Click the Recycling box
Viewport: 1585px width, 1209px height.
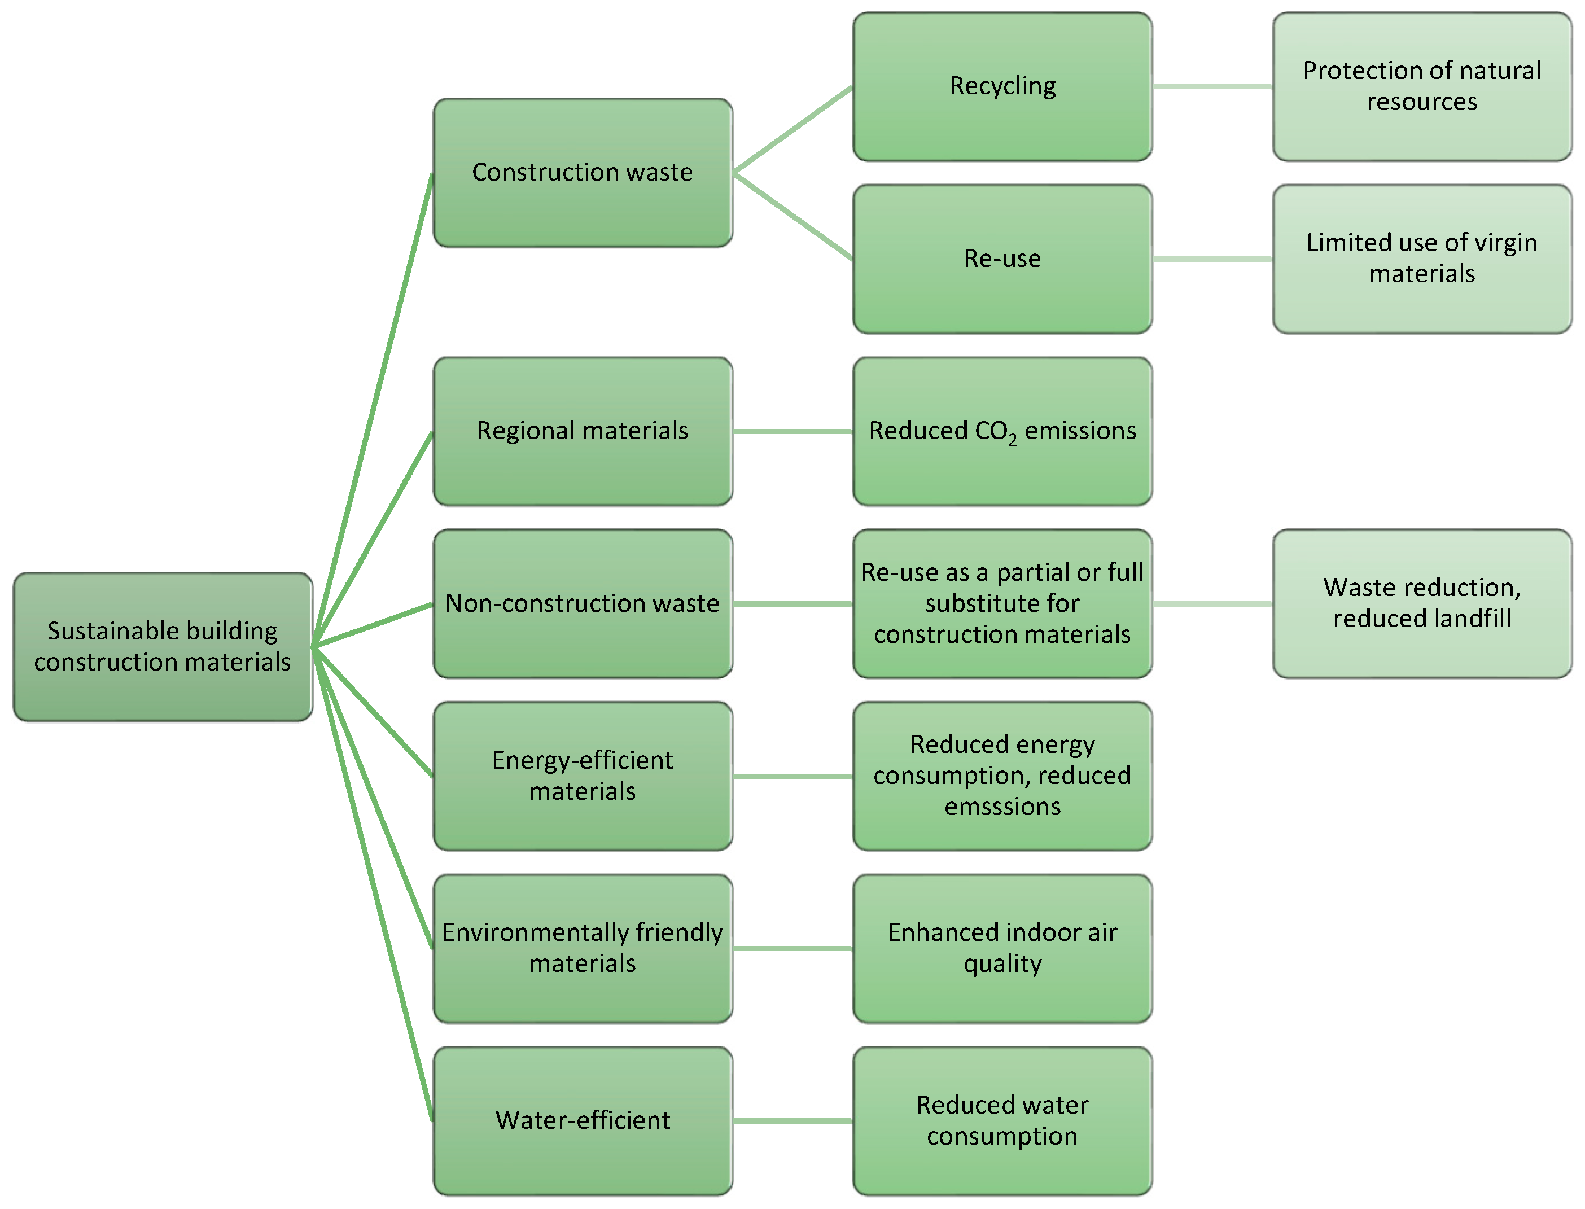click(x=1002, y=86)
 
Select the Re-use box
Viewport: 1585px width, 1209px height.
click(x=1002, y=259)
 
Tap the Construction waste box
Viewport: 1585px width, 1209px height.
click(x=582, y=173)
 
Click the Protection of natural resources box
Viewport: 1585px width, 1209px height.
click(x=1422, y=86)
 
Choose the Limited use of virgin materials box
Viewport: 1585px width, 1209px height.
click(x=1422, y=259)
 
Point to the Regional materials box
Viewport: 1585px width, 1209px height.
click(x=582, y=431)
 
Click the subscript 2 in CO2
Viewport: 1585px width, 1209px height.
click(x=1013, y=440)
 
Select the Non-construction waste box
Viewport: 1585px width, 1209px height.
click(x=582, y=603)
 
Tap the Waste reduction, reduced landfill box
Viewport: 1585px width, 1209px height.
click(x=1422, y=603)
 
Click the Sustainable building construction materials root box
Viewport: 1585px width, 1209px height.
click(x=163, y=646)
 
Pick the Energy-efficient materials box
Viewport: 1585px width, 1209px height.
click(x=582, y=776)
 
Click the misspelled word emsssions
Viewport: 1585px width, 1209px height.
click(x=1002, y=807)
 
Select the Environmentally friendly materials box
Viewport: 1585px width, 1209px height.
click(x=582, y=948)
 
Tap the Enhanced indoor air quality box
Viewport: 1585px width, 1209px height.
click(x=1002, y=948)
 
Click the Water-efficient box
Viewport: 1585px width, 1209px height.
click(x=582, y=1120)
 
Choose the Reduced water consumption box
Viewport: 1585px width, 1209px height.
click(x=1002, y=1120)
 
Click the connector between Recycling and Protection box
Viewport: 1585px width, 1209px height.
click(x=1212, y=86)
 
